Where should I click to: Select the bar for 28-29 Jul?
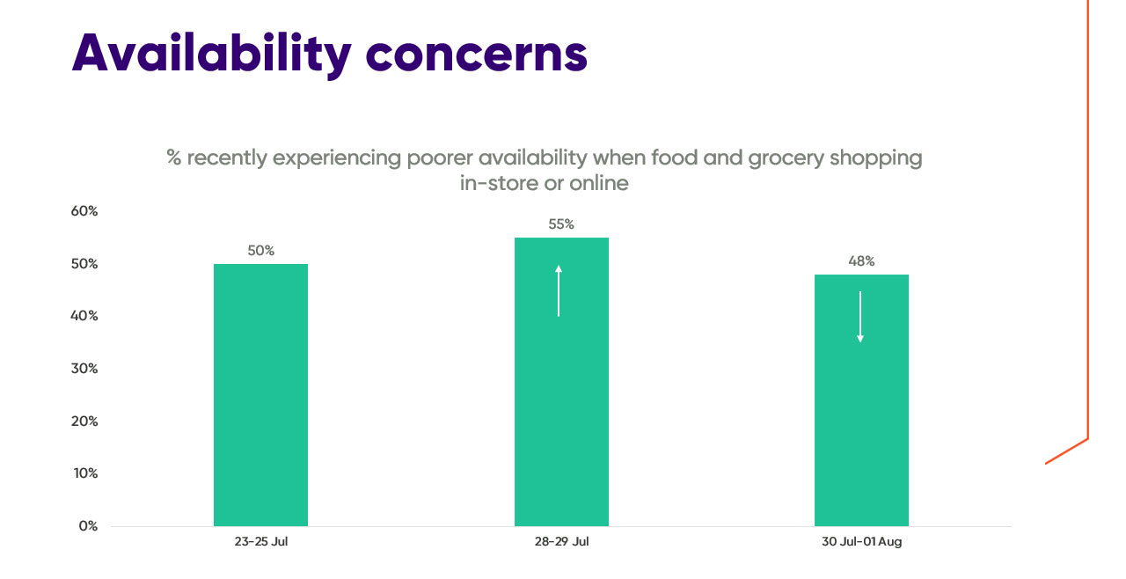[561, 396]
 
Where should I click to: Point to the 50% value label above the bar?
[260, 251]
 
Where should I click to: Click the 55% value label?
[561, 224]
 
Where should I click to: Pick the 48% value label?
[861, 261]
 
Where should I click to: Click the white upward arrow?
[559, 290]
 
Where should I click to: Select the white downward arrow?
[860, 317]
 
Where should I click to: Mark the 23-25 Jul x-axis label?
[260, 542]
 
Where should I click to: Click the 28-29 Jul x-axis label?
[561, 542]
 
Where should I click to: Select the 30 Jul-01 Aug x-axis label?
[861, 542]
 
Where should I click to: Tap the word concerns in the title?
[476, 53]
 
